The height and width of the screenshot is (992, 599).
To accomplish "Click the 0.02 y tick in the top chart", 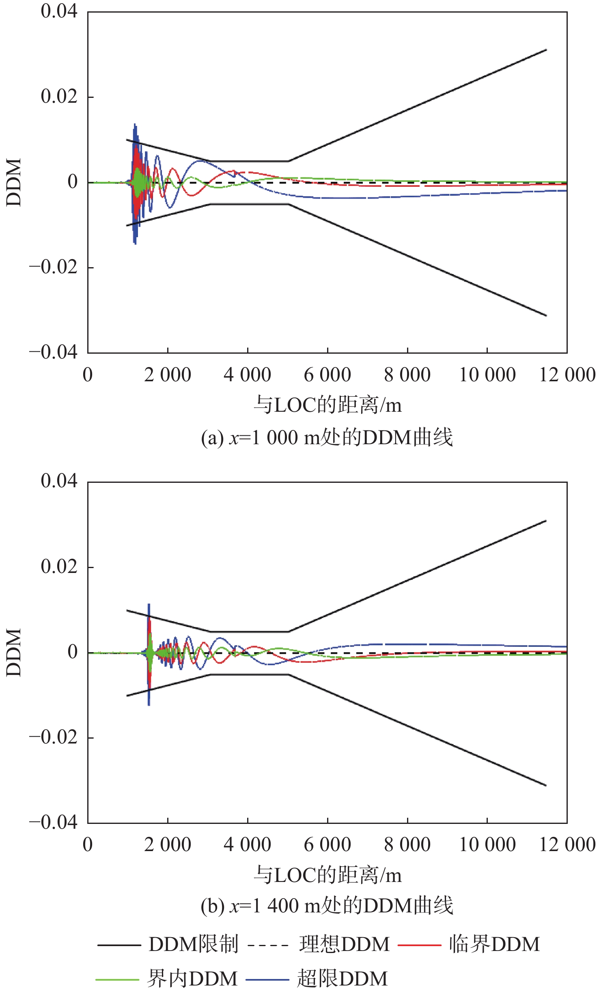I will [59, 97].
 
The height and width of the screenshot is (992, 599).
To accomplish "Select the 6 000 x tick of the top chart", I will [328, 375].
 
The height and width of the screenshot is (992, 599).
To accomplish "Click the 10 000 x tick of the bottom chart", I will [487, 845].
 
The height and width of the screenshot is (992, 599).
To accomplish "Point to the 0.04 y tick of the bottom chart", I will [59, 481].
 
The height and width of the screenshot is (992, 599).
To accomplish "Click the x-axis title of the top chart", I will [328, 405].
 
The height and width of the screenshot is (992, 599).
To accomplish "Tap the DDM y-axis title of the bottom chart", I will [14, 653].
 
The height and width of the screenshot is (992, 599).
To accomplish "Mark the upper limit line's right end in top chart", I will [546, 50].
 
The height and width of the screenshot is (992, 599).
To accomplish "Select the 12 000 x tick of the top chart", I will [567, 375].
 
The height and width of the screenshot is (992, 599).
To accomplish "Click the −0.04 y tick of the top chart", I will [53, 352].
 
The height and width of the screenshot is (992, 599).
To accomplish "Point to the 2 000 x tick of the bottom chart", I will [168, 845].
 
